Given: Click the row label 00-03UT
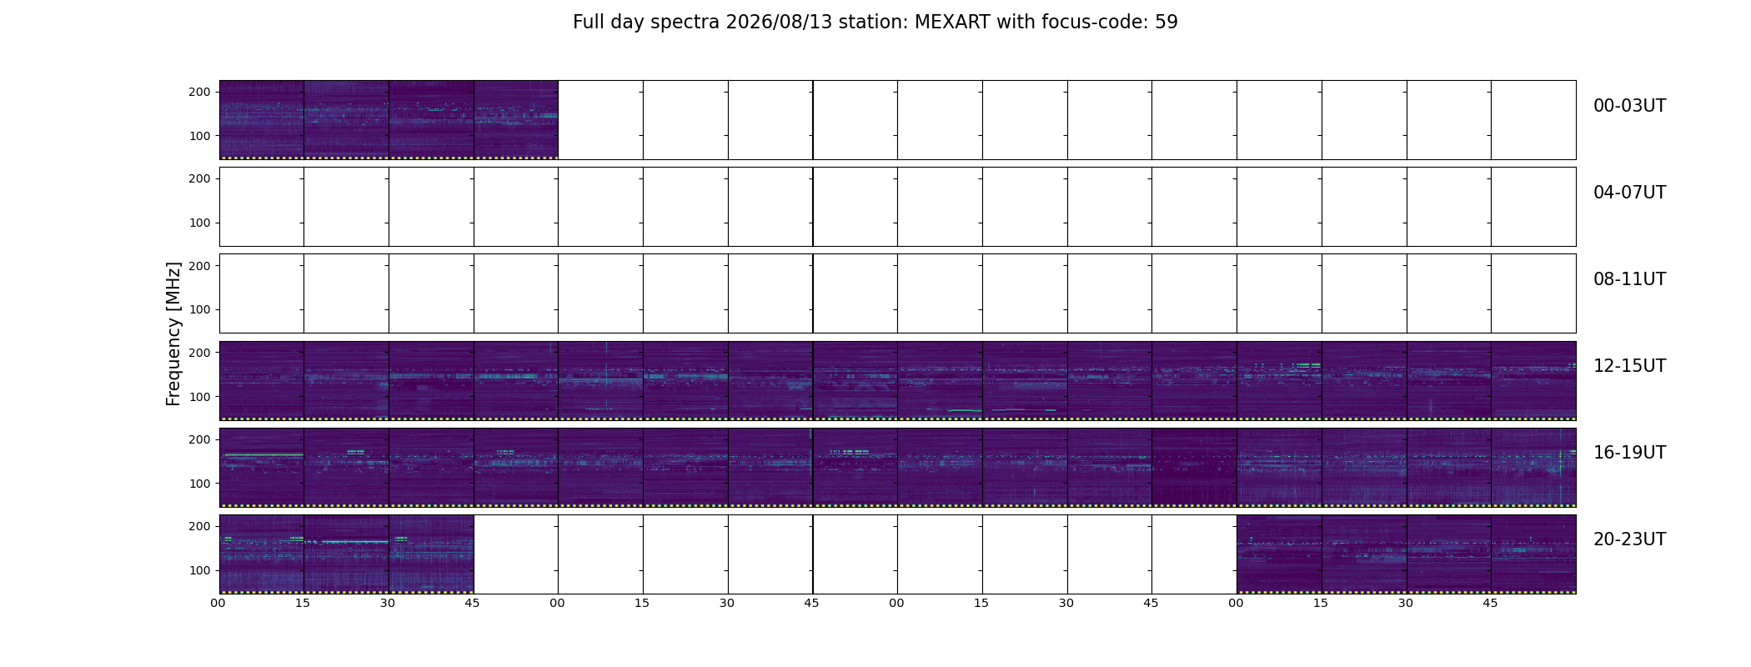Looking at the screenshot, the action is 1629,106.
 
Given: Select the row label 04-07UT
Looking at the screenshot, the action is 1629,193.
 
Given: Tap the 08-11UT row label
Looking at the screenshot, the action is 1629,279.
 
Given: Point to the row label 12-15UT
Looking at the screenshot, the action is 1629,366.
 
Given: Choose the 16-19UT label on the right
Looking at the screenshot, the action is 1629,453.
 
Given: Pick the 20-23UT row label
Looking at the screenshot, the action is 1629,539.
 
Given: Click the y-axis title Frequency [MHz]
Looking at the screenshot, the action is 173,333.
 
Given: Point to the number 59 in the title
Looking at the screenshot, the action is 1166,23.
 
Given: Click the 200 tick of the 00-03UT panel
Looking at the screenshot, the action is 199,93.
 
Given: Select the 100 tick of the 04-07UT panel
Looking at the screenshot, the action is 199,223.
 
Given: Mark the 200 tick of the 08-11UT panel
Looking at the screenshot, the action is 199,266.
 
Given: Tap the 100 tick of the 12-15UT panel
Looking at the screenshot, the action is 199,397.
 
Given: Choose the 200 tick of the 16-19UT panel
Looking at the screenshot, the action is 199,439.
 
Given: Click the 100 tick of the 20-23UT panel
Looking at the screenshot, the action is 199,570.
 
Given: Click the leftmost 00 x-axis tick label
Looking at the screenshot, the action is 218,603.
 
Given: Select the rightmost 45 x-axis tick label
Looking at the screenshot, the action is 1490,603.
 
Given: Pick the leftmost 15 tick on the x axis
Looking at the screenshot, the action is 303,603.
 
